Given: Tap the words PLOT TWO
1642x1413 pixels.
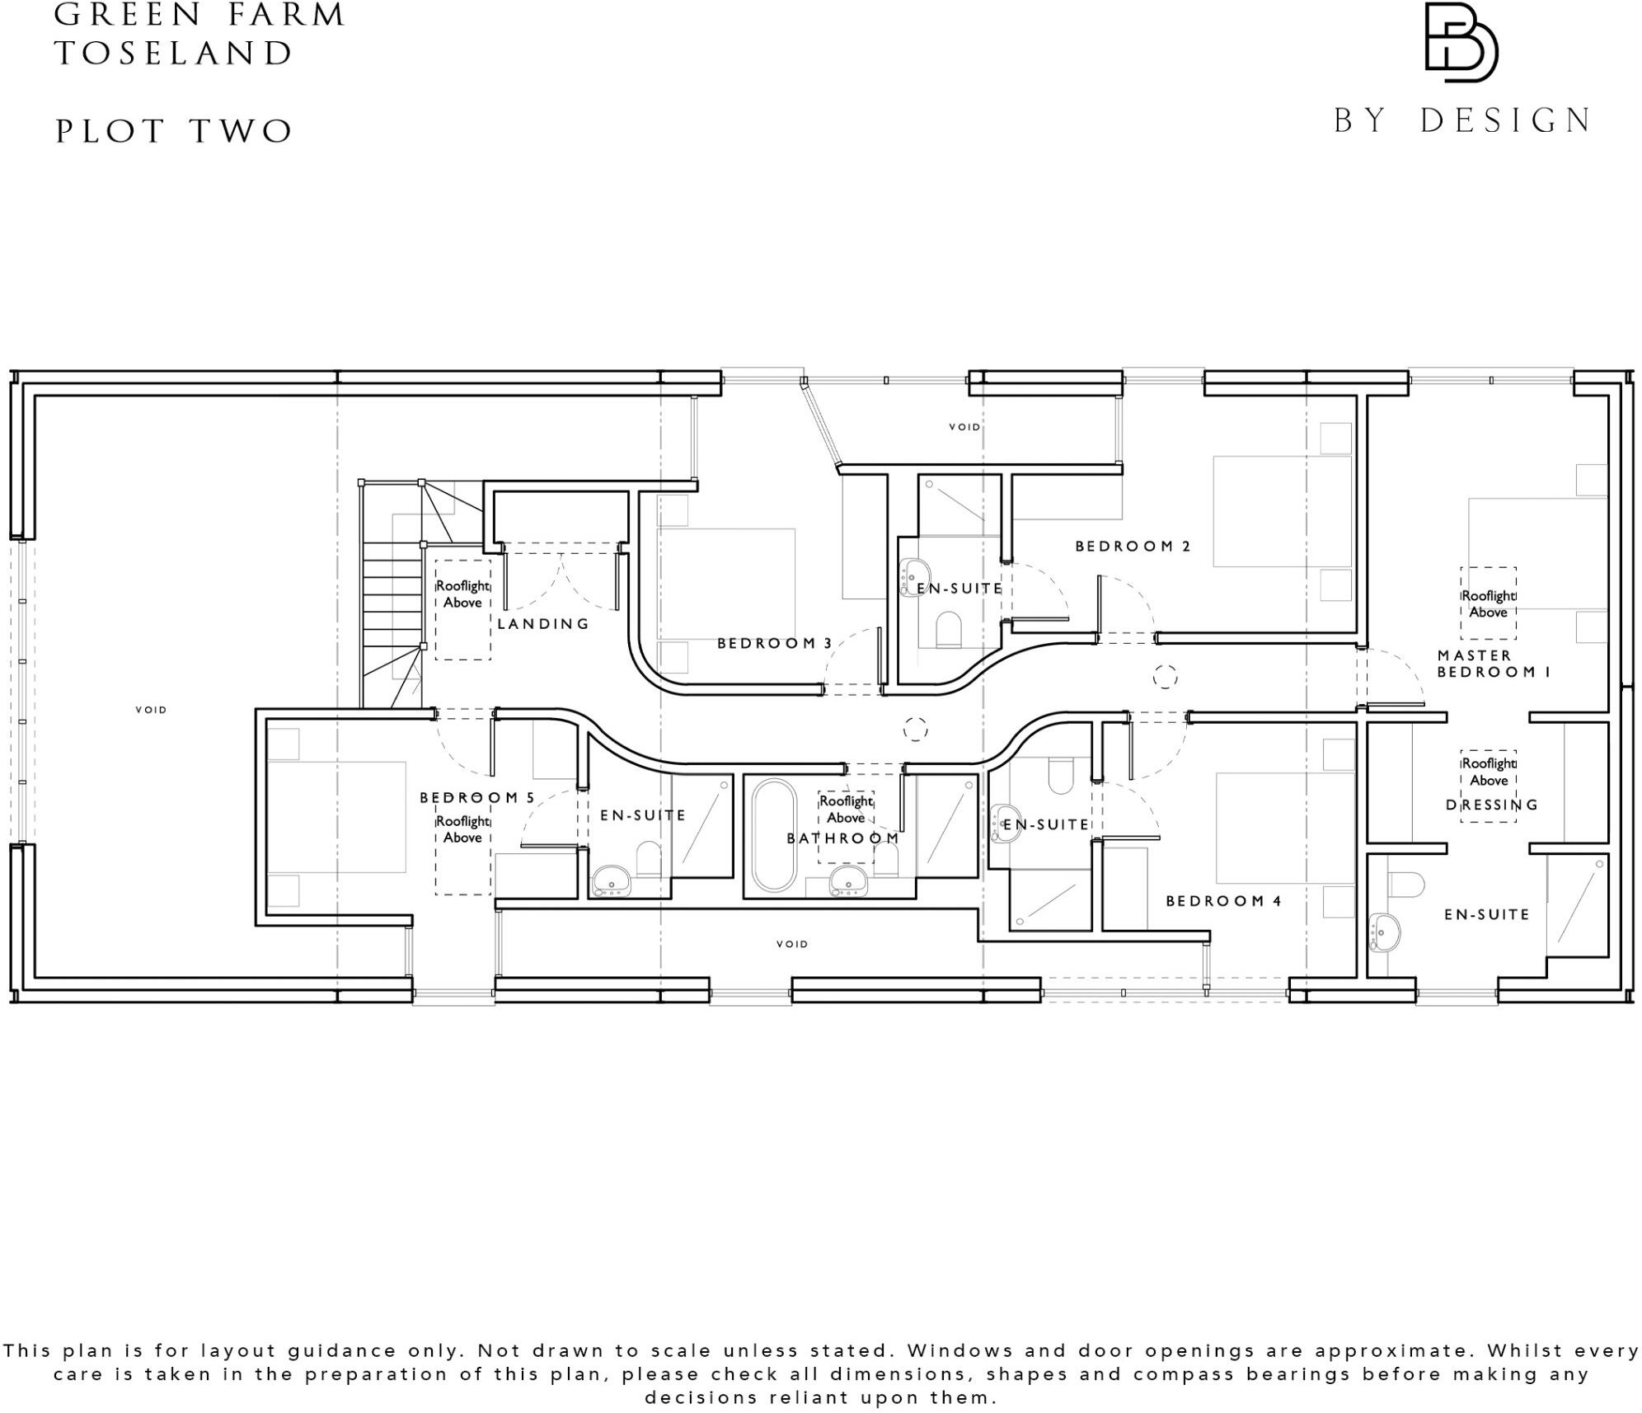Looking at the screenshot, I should coord(174,132).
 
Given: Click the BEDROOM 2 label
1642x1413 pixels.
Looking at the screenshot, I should coord(1133,546).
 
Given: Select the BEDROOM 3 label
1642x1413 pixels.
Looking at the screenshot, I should coord(774,643).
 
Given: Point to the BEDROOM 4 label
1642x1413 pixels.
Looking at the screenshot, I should coord(1223,901).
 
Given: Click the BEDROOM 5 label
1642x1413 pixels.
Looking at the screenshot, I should coord(477,797).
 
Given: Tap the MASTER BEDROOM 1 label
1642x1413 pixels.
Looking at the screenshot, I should coord(1494,664).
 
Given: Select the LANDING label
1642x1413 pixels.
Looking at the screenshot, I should coord(543,624).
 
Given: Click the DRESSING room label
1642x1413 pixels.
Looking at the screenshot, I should coord(1492,805).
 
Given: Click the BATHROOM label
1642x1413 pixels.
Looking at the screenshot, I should coord(842,838).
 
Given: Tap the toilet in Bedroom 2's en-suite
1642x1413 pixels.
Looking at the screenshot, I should coord(949,628).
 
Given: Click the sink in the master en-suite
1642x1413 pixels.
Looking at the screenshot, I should coord(1385,931).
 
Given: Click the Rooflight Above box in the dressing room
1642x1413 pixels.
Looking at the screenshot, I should coord(1488,772).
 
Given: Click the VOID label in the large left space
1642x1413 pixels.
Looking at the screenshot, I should coord(151,710).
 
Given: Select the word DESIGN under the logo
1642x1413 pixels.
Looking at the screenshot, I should coord(1505,121).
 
